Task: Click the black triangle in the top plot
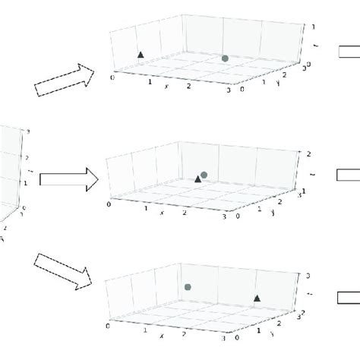click(x=140, y=55)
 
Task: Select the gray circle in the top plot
click(x=225, y=58)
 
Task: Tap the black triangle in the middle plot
click(x=198, y=178)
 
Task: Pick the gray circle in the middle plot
click(x=204, y=175)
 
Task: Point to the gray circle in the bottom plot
click(x=188, y=287)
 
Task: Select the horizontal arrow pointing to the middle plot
click(x=69, y=178)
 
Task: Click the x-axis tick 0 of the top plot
click(x=114, y=76)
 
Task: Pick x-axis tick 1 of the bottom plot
click(x=145, y=330)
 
